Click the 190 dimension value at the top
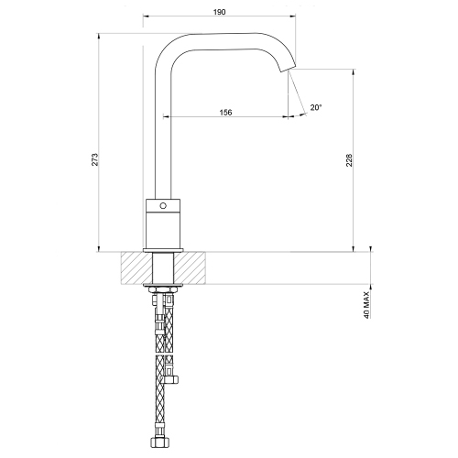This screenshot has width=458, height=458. pos(219,14)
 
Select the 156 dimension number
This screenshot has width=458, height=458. pos(224,112)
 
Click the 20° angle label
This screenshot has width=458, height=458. pos(315,107)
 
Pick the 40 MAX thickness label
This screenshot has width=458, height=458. pos(366,301)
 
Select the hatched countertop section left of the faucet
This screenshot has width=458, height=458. pos(136,267)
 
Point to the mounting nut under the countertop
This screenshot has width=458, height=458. pos(164,290)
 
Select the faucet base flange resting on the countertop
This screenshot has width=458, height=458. pos(164,249)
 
